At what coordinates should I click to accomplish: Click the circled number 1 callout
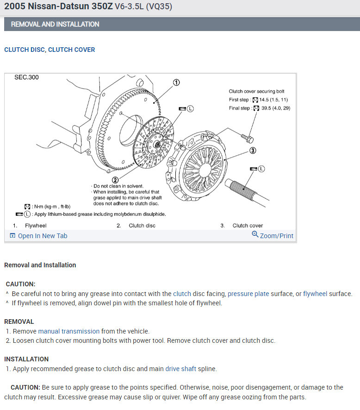[x=176, y=82]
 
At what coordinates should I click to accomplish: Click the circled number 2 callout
[x=115, y=180]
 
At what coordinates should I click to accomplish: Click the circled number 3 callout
[x=253, y=150]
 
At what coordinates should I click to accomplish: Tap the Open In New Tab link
[x=38, y=236]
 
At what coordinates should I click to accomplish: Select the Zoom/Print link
[x=273, y=235]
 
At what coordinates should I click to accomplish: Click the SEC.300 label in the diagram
[x=26, y=77]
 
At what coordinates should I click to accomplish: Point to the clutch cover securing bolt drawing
[x=247, y=137]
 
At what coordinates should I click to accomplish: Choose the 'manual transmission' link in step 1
[x=68, y=331]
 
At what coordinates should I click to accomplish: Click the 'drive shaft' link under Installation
[x=181, y=369]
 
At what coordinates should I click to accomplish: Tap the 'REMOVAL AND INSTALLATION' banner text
[x=55, y=24]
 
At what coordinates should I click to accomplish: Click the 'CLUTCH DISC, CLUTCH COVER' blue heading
[x=50, y=50]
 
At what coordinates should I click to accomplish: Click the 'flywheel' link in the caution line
[x=315, y=294]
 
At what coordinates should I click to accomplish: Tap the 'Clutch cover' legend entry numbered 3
[x=248, y=226]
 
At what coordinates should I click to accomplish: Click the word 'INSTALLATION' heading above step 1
[x=26, y=359]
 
